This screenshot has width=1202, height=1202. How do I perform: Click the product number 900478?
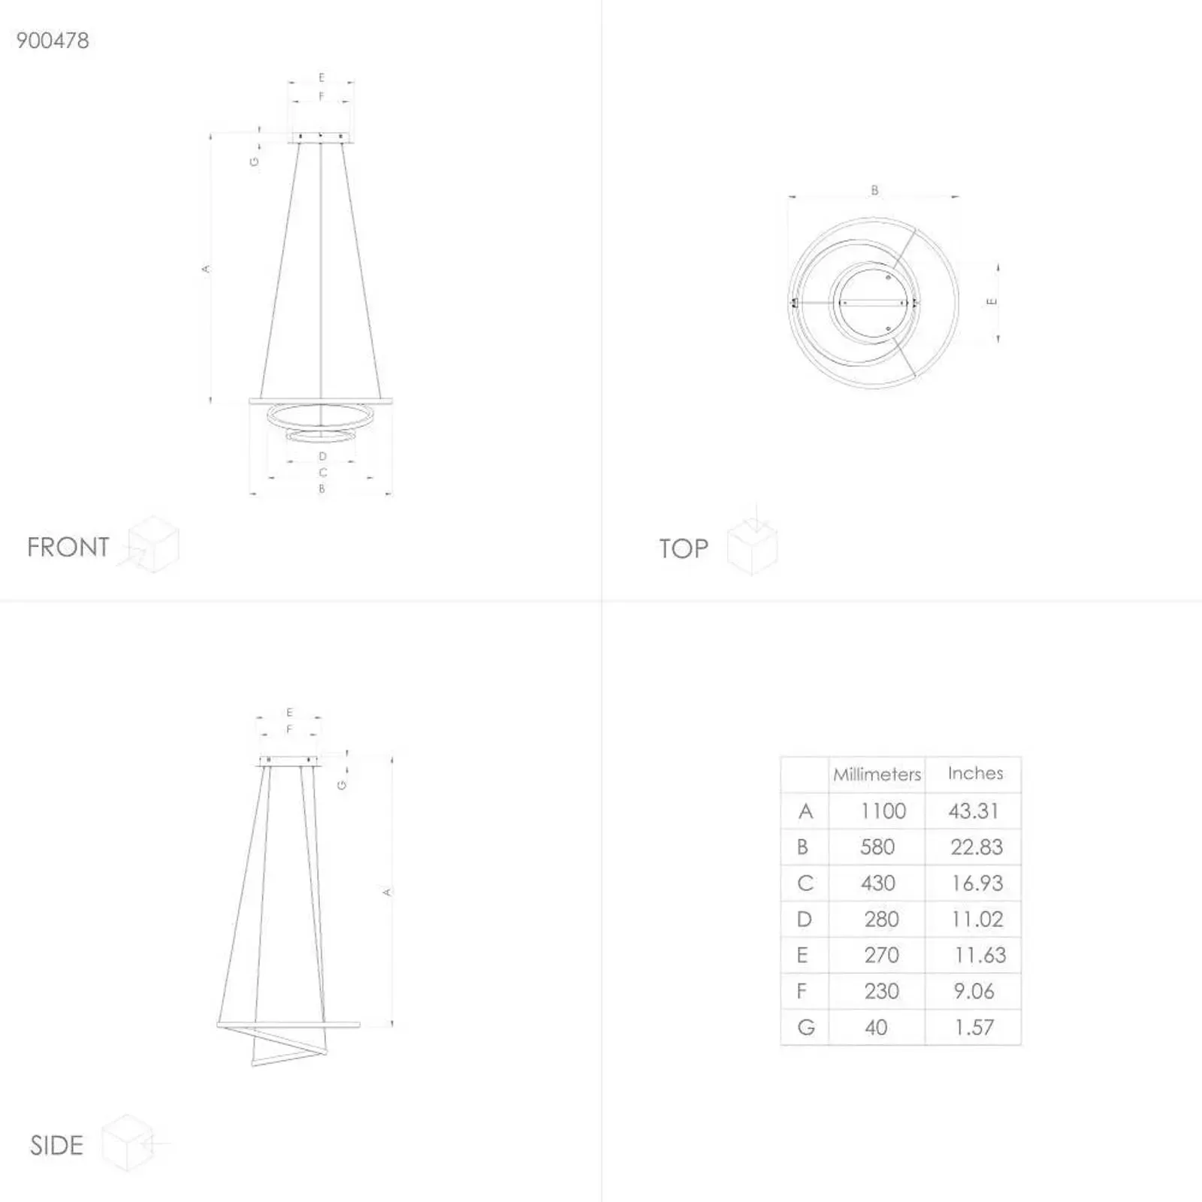(53, 41)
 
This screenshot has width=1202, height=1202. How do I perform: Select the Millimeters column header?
(877, 775)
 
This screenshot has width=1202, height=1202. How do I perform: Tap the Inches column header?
(975, 773)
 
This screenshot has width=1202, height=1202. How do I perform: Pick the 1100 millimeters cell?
(883, 811)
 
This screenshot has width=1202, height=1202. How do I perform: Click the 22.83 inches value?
(977, 847)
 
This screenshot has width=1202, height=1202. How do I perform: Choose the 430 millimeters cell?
(878, 883)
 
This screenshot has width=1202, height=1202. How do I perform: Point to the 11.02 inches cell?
(977, 920)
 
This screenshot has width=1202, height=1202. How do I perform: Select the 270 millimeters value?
(881, 956)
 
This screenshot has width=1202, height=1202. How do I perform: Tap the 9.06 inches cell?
(974, 992)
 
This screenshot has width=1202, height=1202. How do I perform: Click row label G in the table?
(806, 1028)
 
